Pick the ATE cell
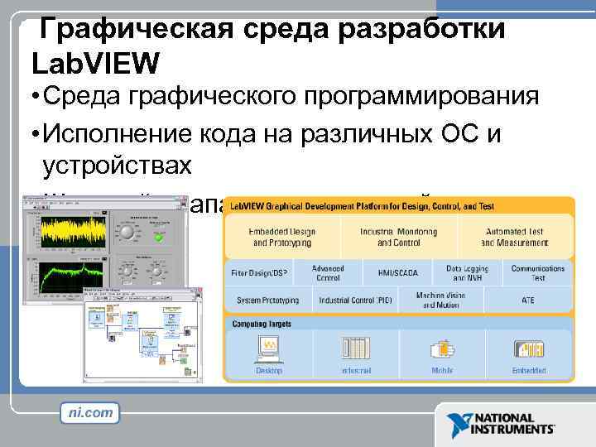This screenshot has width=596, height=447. pyautogui.click(x=527, y=300)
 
